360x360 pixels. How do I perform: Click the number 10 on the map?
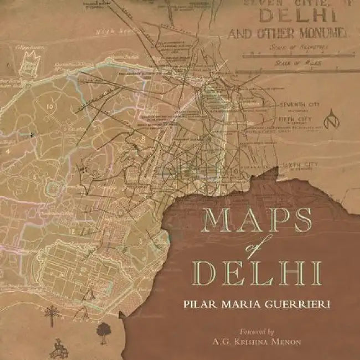click(50, 105)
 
